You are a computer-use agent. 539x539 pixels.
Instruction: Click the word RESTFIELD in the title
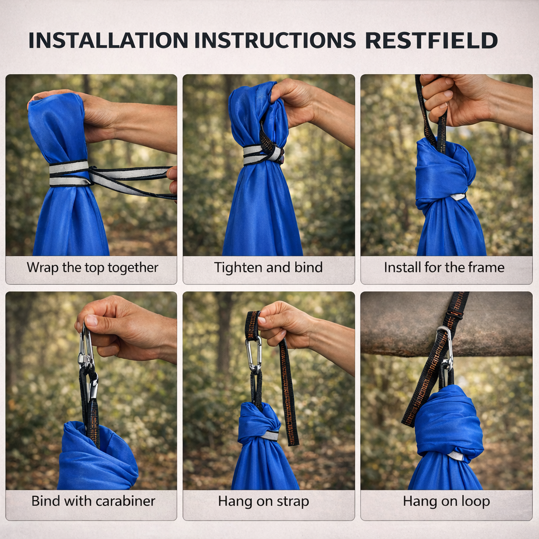(x=432, y=40)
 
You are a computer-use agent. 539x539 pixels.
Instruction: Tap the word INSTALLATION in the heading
(x=108, y=40)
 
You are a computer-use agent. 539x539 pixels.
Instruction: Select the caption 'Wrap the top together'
(x=93, y=267)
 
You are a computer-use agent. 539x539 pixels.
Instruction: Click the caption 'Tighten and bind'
(x=268, y=267)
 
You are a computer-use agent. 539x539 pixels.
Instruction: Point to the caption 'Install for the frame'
(x=444, y=267)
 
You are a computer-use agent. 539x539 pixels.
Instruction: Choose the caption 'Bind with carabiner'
(x=93, y=501)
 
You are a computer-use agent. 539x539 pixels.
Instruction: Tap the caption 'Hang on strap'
(x=263, y=501)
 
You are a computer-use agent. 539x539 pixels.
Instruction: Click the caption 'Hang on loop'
(x=446, y=501)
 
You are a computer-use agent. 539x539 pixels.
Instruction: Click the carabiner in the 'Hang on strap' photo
(x=253, y=355)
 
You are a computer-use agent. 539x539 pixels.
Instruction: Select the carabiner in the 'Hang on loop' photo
(x=445, y=349)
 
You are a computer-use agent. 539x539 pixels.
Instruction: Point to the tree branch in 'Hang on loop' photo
(x=446, y=324)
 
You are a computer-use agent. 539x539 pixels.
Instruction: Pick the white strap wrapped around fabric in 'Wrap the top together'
(x=69, y=174)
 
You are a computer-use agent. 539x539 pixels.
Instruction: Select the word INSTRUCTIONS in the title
(x=275, y=40)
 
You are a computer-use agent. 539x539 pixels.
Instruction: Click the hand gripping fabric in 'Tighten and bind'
(x=310, y=106)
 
